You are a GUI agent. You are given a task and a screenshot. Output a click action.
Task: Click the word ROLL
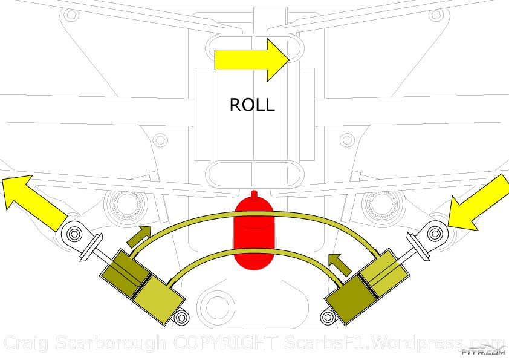point(252,105)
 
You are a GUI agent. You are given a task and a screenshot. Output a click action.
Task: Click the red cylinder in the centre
point(254,236)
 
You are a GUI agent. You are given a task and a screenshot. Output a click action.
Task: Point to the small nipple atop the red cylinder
point(254,194)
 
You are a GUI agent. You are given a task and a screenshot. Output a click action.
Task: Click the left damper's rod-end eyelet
point(74,234)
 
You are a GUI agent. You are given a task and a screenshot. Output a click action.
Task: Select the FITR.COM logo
point(483,350)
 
